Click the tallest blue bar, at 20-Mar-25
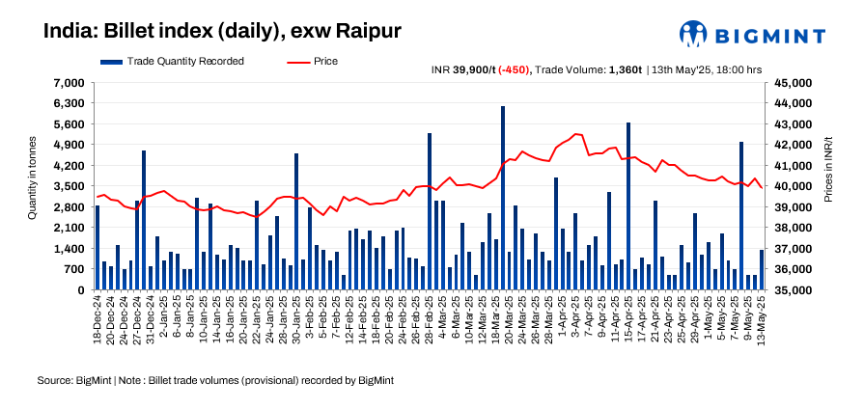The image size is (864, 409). click(503, 198)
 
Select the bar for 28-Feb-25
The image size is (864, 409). click(430, 211)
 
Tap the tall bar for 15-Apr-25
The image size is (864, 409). click(628, 206)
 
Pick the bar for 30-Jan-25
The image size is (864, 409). click(296, 222)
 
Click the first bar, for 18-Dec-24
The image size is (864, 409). click(98, 247)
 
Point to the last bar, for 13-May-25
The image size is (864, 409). click(762, 270)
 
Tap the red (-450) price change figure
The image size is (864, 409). click(515, 69)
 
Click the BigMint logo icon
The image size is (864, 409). click(693, 35)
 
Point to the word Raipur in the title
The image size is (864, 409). click(366, 31)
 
